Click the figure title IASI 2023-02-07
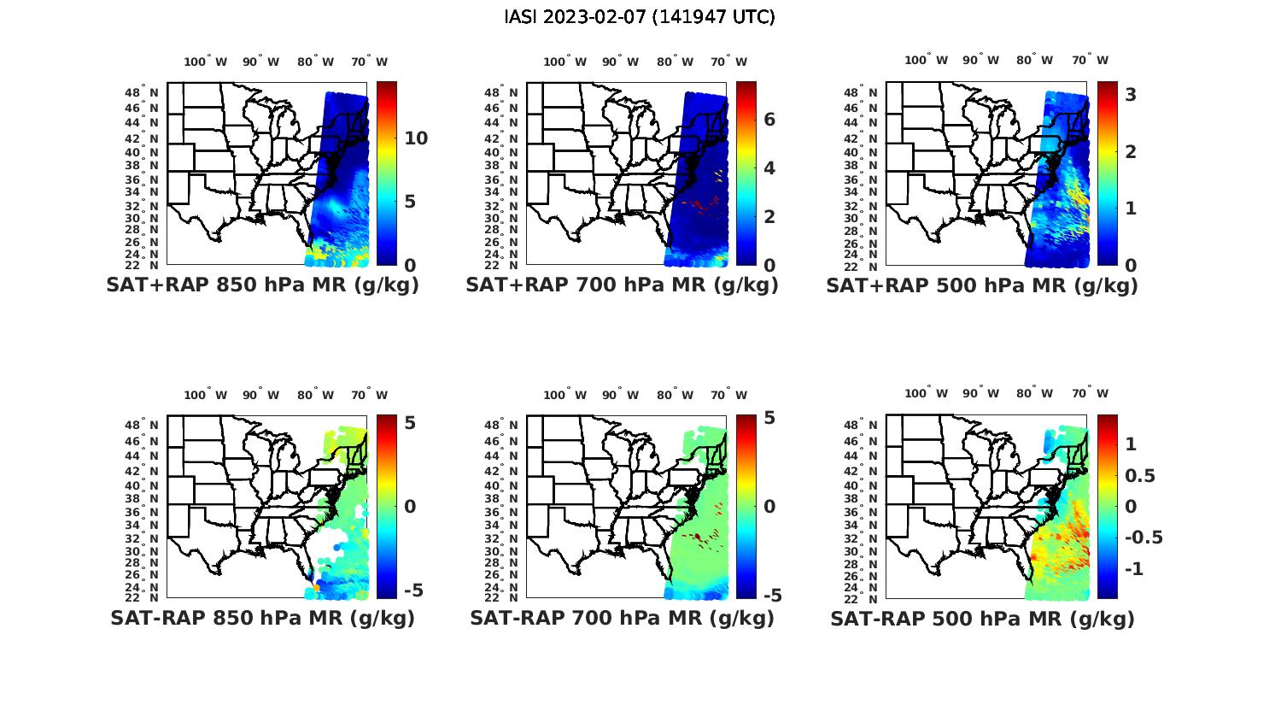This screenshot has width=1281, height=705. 640,17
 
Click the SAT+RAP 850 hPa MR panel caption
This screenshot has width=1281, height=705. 262,285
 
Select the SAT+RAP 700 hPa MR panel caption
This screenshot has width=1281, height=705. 622,285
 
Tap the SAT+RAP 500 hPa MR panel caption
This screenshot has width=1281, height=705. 982,285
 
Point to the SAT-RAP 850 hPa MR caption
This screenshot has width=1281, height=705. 262,618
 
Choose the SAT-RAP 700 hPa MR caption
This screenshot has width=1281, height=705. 622,618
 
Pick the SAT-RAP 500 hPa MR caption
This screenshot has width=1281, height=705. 982,619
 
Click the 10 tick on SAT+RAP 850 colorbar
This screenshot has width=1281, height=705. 416,138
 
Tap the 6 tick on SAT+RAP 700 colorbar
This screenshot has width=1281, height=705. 769,119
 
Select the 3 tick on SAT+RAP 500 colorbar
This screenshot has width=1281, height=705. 1131,95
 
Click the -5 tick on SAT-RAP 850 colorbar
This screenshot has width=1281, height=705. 412,590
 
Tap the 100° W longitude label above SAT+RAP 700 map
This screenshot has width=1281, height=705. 564,62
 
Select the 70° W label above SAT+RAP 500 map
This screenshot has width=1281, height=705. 1091,60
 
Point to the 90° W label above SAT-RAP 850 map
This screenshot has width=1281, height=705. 260,395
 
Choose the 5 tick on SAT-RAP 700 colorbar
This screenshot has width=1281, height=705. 769,419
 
